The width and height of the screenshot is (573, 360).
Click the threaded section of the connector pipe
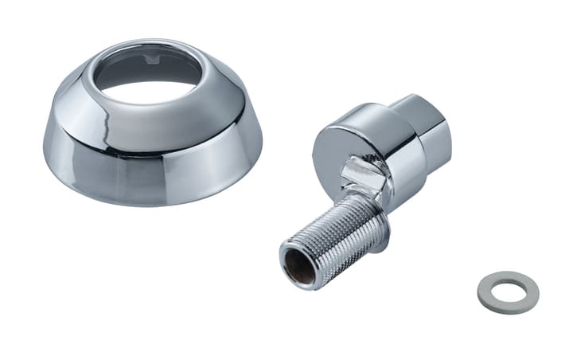click(x=342, y=239)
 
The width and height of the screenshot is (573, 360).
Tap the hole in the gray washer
click(x=506, y=292)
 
